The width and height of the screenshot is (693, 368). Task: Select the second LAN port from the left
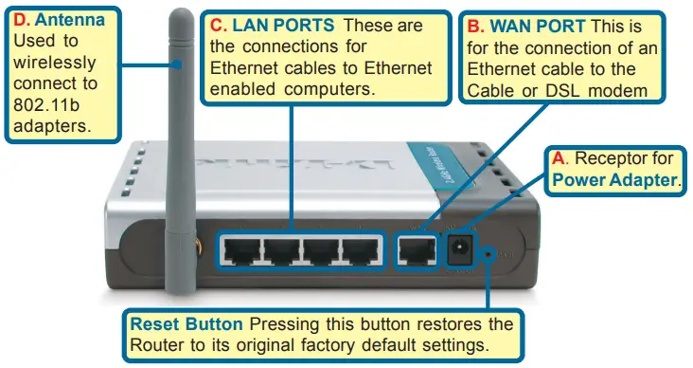point(282,249)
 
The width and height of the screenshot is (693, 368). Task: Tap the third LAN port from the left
point(321,249)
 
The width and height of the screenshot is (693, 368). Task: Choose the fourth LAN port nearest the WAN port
point(360,249)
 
